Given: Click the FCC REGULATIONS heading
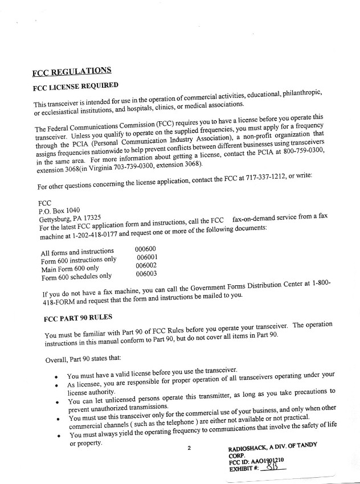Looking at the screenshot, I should [72, 72].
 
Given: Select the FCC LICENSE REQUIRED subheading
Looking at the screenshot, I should [75, 87].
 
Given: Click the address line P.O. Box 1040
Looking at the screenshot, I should [55, 210].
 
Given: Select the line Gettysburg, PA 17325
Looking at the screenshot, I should [69, 218].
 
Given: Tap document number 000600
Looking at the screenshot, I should [145, 249].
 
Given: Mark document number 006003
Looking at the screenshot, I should [146, 274].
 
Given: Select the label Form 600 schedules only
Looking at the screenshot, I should [76, 277].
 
